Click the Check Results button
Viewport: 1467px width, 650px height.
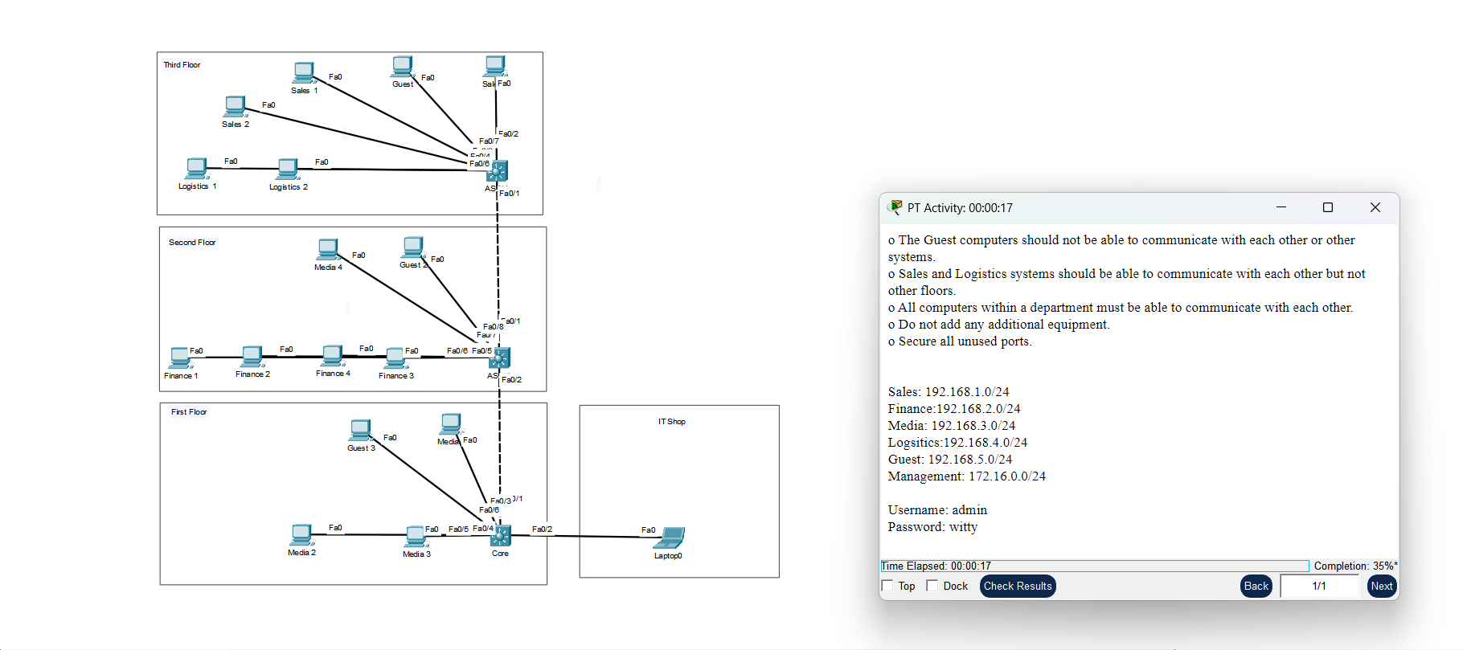[1017, 587]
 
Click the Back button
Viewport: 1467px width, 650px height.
[1256, 587]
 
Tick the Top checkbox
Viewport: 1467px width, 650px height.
[887, 586]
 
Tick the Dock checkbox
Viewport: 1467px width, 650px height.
[932, 586]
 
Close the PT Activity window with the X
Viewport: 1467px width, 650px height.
[1375, 207]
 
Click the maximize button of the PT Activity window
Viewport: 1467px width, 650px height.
[1328, 207]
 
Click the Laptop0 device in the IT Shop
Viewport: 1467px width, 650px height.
[670, 538]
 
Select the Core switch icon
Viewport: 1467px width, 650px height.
[501, 535]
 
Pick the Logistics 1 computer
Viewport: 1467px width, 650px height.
[196, 169]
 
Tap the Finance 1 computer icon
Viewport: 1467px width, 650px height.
[180, 358]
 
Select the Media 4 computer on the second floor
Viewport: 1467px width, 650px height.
[328, 249]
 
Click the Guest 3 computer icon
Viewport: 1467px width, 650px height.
[361, 431]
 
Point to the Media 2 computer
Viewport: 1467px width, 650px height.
[301, 535]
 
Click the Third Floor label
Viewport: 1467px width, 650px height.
[182, 65]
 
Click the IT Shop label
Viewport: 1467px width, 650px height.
[671, 422]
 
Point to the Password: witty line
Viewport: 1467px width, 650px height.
[932, 527]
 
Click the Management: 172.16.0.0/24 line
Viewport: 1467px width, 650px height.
[966, 476]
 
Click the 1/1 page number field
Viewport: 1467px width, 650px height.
[1319, 587]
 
